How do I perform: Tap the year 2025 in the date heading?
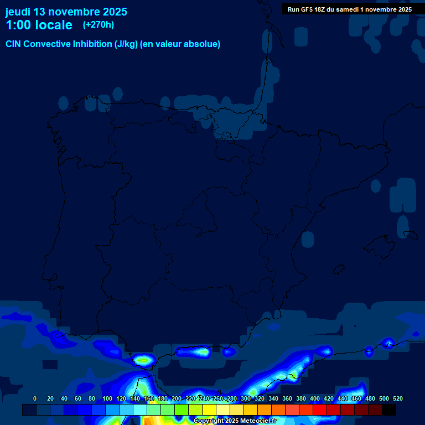pos(114,12)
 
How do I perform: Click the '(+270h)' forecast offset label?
pos(99,25)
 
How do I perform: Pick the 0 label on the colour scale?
pos(35,398)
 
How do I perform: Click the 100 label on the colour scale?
pos(107,398)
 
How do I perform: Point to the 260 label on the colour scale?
pos(217,398)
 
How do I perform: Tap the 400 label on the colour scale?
pos(314,398)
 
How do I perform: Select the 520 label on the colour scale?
pos(397,398)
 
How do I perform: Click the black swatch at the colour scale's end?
pos(389,410)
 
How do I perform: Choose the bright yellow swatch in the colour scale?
pos(209,410)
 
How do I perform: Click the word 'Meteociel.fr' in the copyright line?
pos(258,421)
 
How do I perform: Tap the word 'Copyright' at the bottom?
pos(209,421)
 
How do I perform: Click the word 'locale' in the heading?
pos(54,25)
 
